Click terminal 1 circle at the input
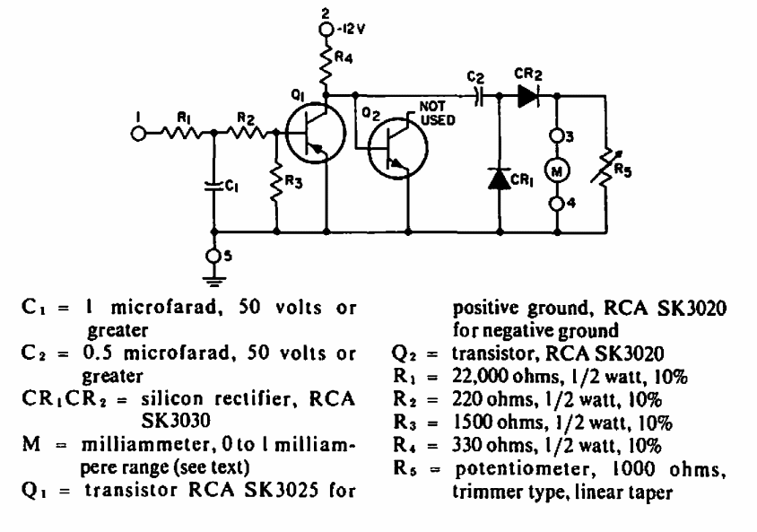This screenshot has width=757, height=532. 139,133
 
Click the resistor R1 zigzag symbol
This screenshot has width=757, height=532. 179,133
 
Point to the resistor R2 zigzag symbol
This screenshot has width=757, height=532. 245,133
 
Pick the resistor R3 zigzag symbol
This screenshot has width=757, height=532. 276,183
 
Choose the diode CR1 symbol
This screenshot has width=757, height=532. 500,177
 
